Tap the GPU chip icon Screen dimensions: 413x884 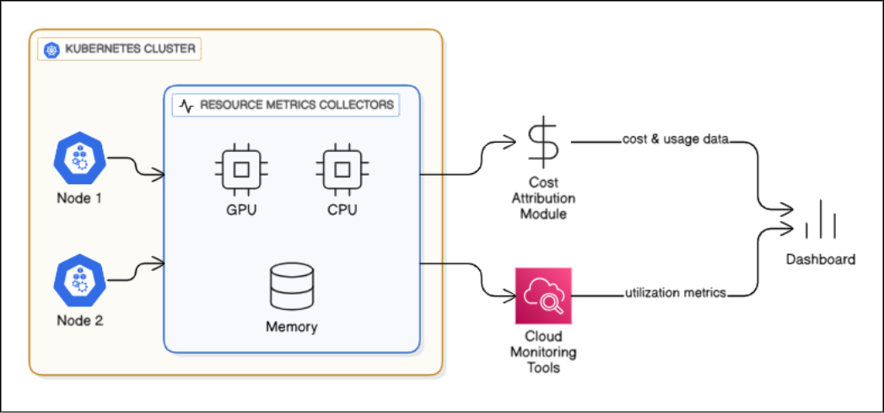[240, 169]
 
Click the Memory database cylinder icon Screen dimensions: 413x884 [291, 288]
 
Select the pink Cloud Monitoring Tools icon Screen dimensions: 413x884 [543, 296]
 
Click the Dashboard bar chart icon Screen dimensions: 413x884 [820, 223]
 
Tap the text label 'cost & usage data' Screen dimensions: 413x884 [673, 139]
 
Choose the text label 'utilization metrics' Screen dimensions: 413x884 [675, 293]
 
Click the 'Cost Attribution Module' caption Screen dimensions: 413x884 [543, 198]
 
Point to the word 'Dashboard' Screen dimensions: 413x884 [820, 259]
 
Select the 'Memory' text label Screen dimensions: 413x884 [291, 327]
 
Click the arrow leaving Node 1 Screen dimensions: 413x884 [136, 167]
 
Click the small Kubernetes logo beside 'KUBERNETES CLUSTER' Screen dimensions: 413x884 [52, 50]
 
